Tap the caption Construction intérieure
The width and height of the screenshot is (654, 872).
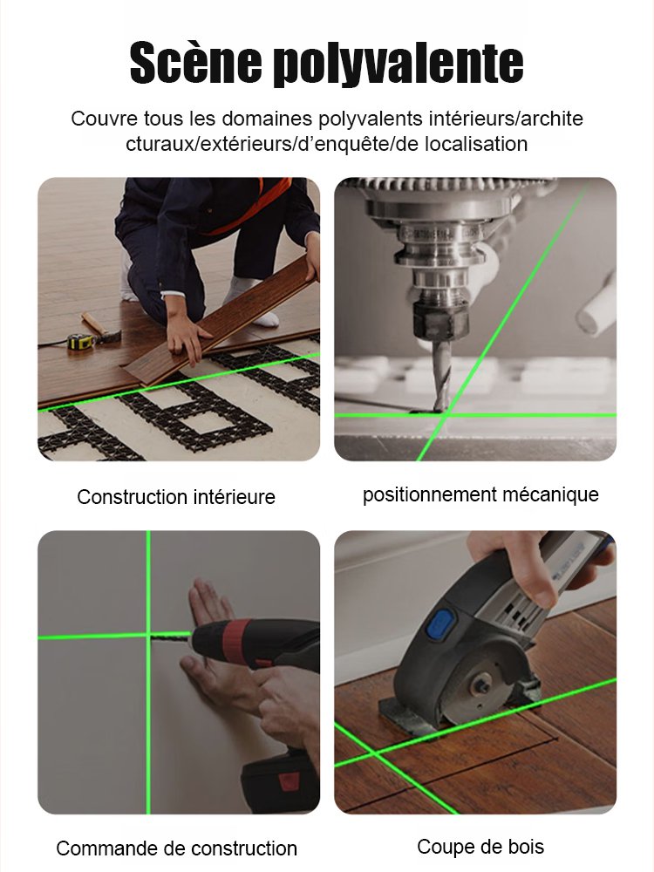(176, 497)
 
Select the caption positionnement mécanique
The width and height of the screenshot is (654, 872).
(480, 494)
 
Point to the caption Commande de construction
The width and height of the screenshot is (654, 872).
(176, 848)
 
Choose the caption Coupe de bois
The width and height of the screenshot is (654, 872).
(480, 846)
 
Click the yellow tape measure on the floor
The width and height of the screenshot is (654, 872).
(81, 341)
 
